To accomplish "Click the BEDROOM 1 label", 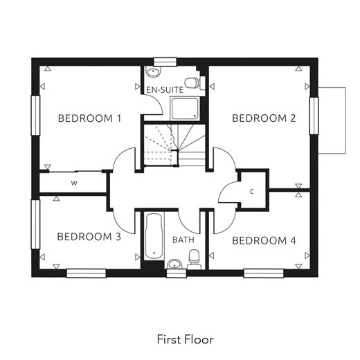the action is [89, 118].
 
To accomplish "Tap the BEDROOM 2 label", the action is [264, 118].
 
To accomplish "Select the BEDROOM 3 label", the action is [89, 237].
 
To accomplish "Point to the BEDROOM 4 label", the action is [264, 241].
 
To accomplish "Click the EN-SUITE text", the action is [165, 90].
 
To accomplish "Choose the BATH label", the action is [183, 240].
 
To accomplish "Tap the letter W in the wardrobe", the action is [74, 183].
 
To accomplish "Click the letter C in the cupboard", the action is [252, 191].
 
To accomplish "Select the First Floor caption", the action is [186, 339].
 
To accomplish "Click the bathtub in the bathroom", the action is [154, 236].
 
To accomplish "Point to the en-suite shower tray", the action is [185, 109].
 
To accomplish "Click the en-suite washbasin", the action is [153, 71].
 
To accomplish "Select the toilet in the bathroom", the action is [194, 259].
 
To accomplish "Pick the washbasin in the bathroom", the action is [174, 264].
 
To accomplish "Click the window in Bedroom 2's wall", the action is [314, 116].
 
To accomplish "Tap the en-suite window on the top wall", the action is [165, 62].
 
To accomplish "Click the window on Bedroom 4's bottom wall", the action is [264, 273].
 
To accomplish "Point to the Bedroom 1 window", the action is [35, 116].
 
